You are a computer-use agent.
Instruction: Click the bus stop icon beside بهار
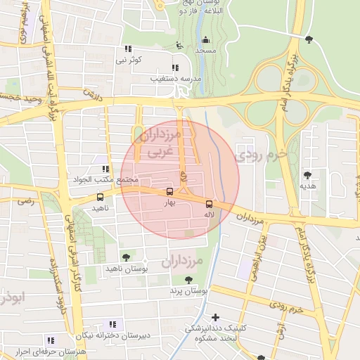point(169,191)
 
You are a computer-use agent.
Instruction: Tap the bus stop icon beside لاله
point(208,204)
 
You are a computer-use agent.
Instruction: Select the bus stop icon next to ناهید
point(99,198)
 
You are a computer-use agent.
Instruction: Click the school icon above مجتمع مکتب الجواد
point(105,169)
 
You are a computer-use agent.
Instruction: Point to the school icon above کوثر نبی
point(128,49)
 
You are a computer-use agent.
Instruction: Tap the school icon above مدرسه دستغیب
point(174,68)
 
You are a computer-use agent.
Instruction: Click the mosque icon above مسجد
point(205,40)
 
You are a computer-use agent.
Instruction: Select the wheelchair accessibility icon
point(179,45)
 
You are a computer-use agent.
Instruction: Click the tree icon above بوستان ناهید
point(126,258)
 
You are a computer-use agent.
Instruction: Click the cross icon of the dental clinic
point(215,317)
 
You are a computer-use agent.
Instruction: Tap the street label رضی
point(26,201)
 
